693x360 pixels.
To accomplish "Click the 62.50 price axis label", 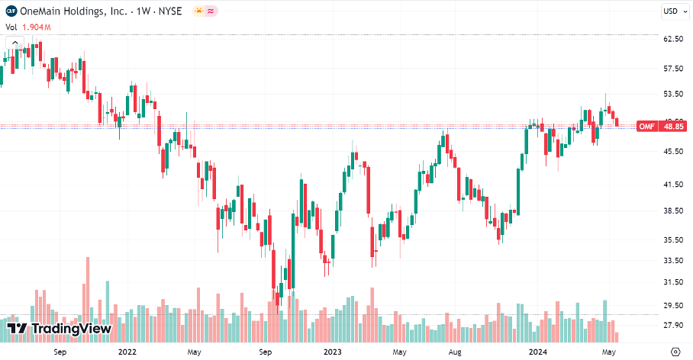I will pos(672,39).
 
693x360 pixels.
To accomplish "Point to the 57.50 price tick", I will pos(672,69).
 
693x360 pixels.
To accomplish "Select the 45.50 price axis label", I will pos(672,151).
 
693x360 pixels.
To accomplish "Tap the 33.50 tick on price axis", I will pos(672,260).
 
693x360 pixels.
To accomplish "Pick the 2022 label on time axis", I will pos(127,352).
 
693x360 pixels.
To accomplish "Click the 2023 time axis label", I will pos(333,352).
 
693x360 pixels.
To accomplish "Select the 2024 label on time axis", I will pos(538,352).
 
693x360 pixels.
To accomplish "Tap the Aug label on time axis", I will pos(455,352).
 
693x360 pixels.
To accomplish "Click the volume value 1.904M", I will pos(37,27).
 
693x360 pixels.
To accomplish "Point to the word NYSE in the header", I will pos(169,11).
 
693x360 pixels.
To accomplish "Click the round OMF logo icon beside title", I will pos(11,11).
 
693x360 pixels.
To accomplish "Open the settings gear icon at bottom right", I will pos(675,352).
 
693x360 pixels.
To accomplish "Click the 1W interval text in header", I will pos(140,11).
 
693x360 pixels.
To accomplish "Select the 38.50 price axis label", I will pos(672,211).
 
